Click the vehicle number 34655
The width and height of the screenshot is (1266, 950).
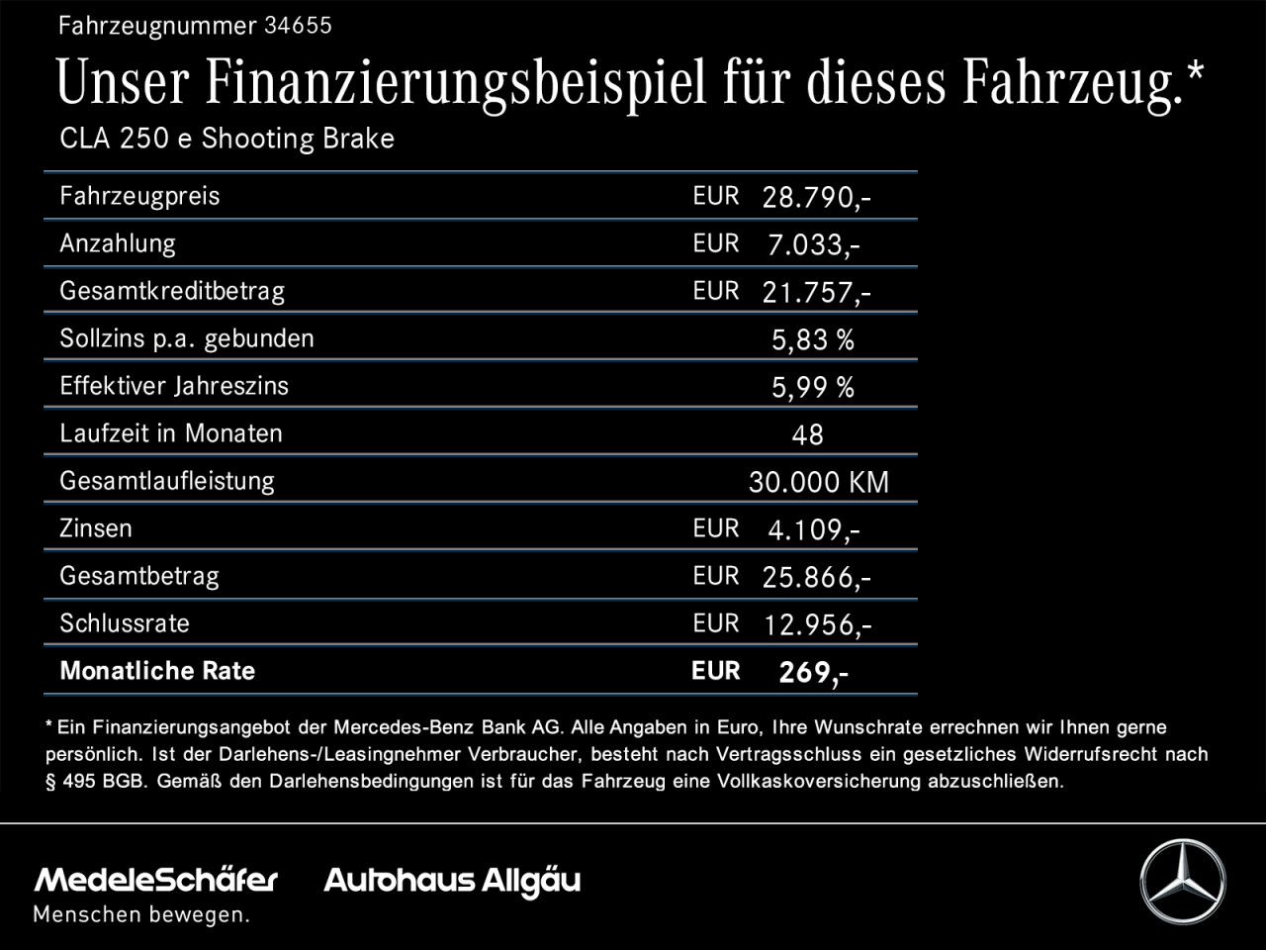298,27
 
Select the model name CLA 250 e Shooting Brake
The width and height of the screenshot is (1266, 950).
226,139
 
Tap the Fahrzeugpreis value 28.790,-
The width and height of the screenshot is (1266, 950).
816,198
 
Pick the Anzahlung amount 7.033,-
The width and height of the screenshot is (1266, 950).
813,245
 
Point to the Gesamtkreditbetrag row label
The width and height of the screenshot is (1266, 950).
172,291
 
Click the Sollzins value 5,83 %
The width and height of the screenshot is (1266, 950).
812,340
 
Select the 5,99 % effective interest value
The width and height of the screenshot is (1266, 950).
812,388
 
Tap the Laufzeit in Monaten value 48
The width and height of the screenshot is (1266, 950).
807,435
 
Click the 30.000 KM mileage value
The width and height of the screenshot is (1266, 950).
819,483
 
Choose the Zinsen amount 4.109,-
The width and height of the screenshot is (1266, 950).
813,530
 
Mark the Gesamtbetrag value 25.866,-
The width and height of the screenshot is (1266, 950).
816,578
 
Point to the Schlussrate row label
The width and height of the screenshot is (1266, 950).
125,623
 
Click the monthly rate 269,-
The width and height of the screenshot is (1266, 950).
813,673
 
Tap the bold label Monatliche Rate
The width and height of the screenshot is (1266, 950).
157,671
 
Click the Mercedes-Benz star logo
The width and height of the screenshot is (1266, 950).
1182,881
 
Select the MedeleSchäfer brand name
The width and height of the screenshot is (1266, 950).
156,880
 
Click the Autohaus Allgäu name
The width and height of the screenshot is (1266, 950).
452,881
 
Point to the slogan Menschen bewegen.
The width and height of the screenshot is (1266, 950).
141,915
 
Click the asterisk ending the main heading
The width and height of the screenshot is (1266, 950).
1195,71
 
